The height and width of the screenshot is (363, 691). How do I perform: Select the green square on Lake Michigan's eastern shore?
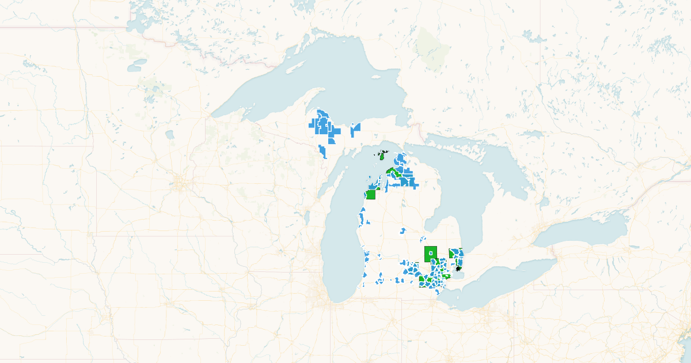[x=371, y=194]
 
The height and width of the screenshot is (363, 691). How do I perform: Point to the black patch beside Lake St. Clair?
[x=458, y=268]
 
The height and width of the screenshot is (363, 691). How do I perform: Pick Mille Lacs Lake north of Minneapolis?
[x=170, y=135]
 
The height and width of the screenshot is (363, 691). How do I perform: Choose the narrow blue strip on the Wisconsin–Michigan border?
[x=322, y=151]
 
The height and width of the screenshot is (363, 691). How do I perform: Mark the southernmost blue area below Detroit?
[x=439, y=292]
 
